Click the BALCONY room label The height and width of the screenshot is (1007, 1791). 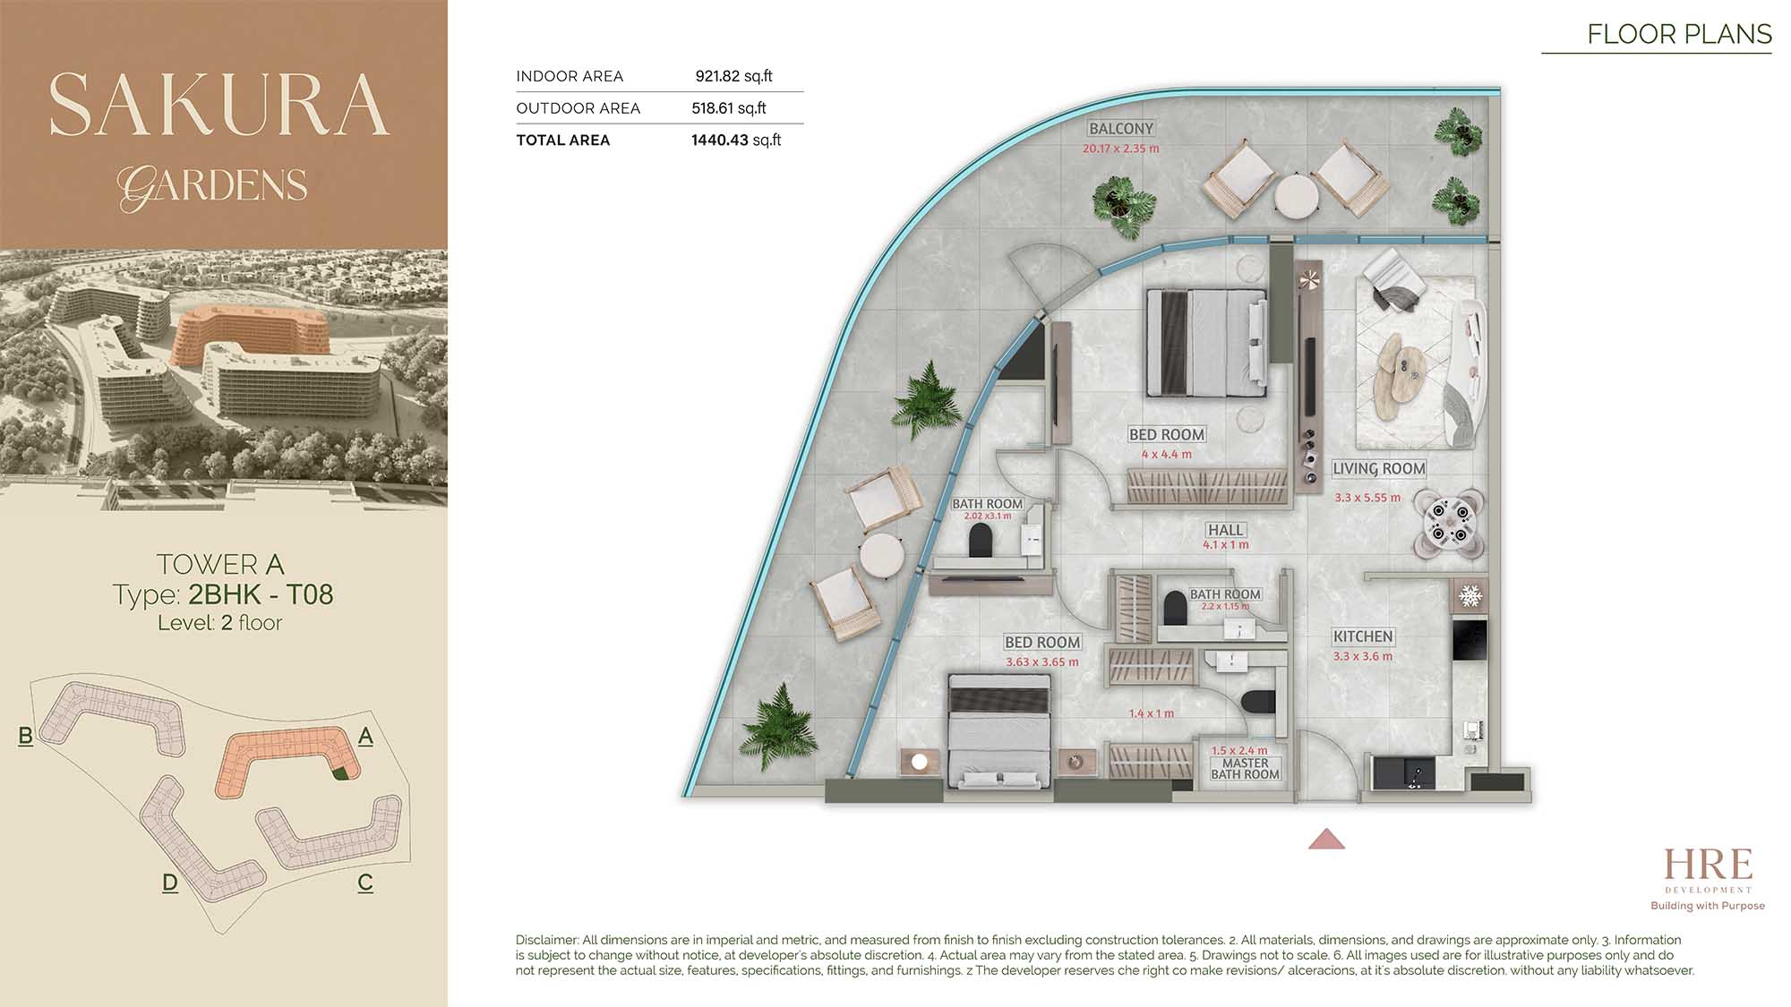pos(1121,129)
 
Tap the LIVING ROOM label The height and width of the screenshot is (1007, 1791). pos(1378,468)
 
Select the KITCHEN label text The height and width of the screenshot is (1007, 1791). pos(1363,636)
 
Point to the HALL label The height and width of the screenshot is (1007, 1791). pos(1225,530)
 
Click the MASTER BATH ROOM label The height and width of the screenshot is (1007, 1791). pos(1245,769)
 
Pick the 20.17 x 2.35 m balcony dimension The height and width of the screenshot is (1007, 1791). pos(1120,149)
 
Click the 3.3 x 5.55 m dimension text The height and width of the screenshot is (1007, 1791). pos(1367,498)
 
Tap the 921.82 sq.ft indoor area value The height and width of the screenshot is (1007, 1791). pos(733,77)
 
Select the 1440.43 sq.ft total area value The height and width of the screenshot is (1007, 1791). pos(736,141)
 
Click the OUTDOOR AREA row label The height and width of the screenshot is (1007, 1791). pos(578,108)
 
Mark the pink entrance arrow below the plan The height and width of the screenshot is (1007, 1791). pos(1326,839)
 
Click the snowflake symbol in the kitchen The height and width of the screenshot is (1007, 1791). pos(1470,595)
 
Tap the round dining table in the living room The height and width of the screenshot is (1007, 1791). pos(1449,524)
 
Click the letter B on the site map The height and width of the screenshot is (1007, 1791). pos(26,736)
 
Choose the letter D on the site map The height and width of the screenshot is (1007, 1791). pos(170,883)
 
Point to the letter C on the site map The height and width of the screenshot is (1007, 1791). pos(365,883)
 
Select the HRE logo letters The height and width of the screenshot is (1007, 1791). pos(1708,865)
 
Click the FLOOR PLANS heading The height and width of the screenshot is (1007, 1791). pos(1679,34)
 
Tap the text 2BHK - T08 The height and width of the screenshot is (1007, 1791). pos(261,594)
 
